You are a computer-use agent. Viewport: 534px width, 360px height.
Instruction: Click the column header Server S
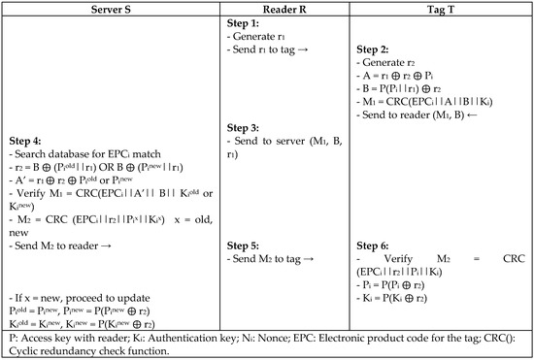pyautogui.click(x=109, y=9)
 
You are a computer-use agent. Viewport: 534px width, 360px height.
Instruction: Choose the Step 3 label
pyautogui.click(x=243, y=128)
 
